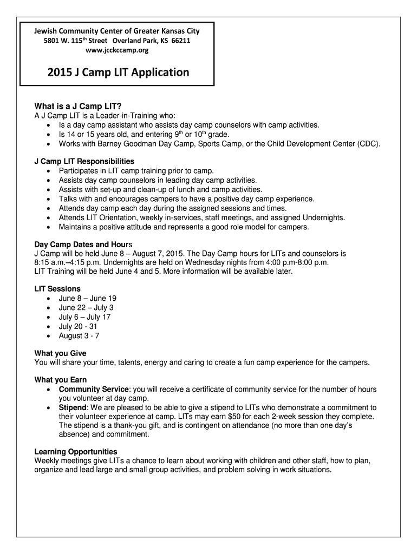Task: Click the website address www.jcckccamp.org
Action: pos(118,50)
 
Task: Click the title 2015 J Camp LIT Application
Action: pos(118,72)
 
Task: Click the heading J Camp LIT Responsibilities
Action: pos(84,161)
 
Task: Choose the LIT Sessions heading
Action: pos(57,289)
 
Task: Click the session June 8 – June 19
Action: pos(88,298)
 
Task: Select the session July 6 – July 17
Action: pos(84,317)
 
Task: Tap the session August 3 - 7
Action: pos(79,335)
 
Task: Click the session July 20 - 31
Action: pos(79,326)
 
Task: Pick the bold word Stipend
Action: pos(73,407)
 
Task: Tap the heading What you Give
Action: pos(60,353)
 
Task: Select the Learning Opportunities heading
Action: pos(76,451)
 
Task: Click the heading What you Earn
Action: pos(61,380)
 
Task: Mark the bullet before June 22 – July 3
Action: pos(50,308)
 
